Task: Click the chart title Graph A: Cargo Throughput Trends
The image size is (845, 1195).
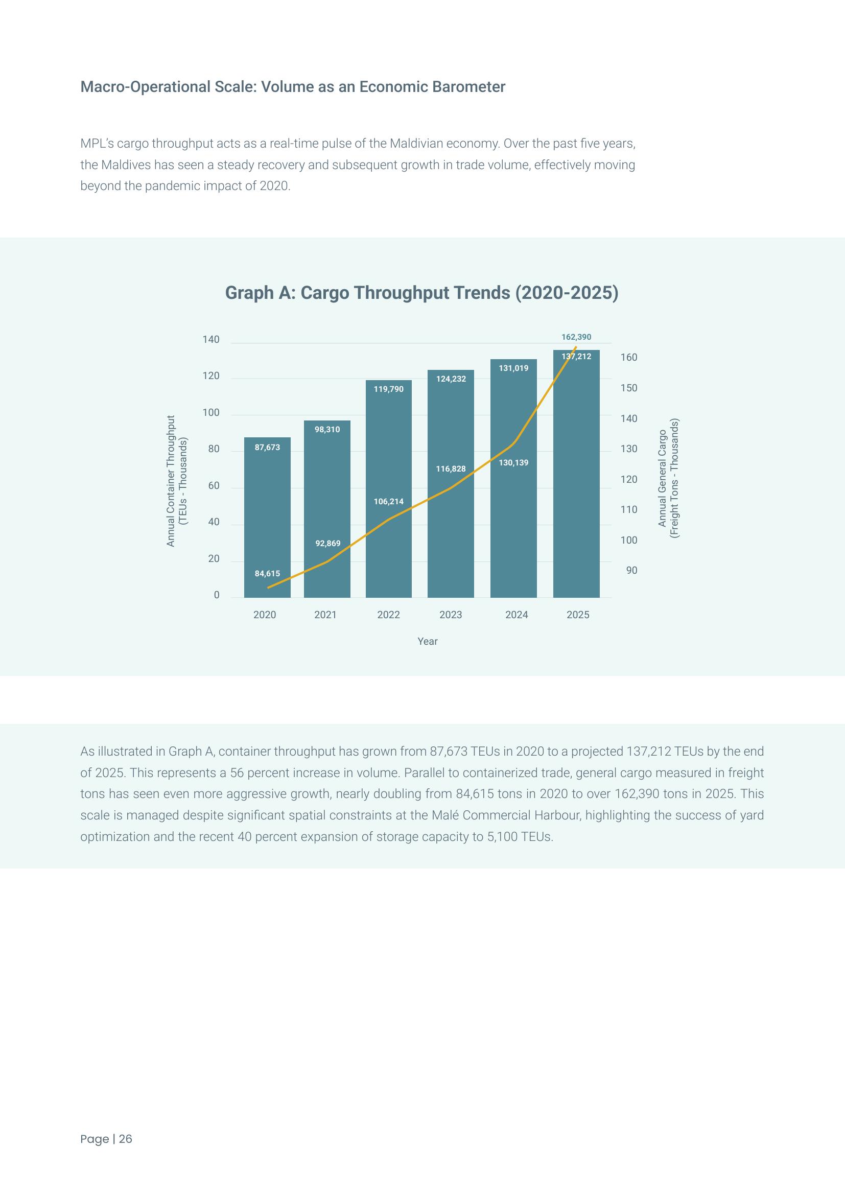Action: click(x=421, y=293)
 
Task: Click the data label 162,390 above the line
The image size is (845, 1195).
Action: click(x=576, y=337)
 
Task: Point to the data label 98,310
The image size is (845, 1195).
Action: click(x=327, y=429)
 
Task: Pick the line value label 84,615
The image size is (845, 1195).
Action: click(x=267, y=574)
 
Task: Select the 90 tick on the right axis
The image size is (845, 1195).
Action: click(x=631, y=571)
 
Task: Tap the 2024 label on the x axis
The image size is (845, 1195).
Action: click(x=516, y=615)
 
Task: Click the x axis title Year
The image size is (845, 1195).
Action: click(x=427, y=642)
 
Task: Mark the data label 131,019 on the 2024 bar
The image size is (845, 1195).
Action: click(x=513, y=368)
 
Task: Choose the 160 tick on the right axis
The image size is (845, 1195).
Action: click(x=628, y=358)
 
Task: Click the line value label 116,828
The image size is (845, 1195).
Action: click(x=451, y=469)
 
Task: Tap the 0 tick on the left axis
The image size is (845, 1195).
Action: click(x=217, y=595)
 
